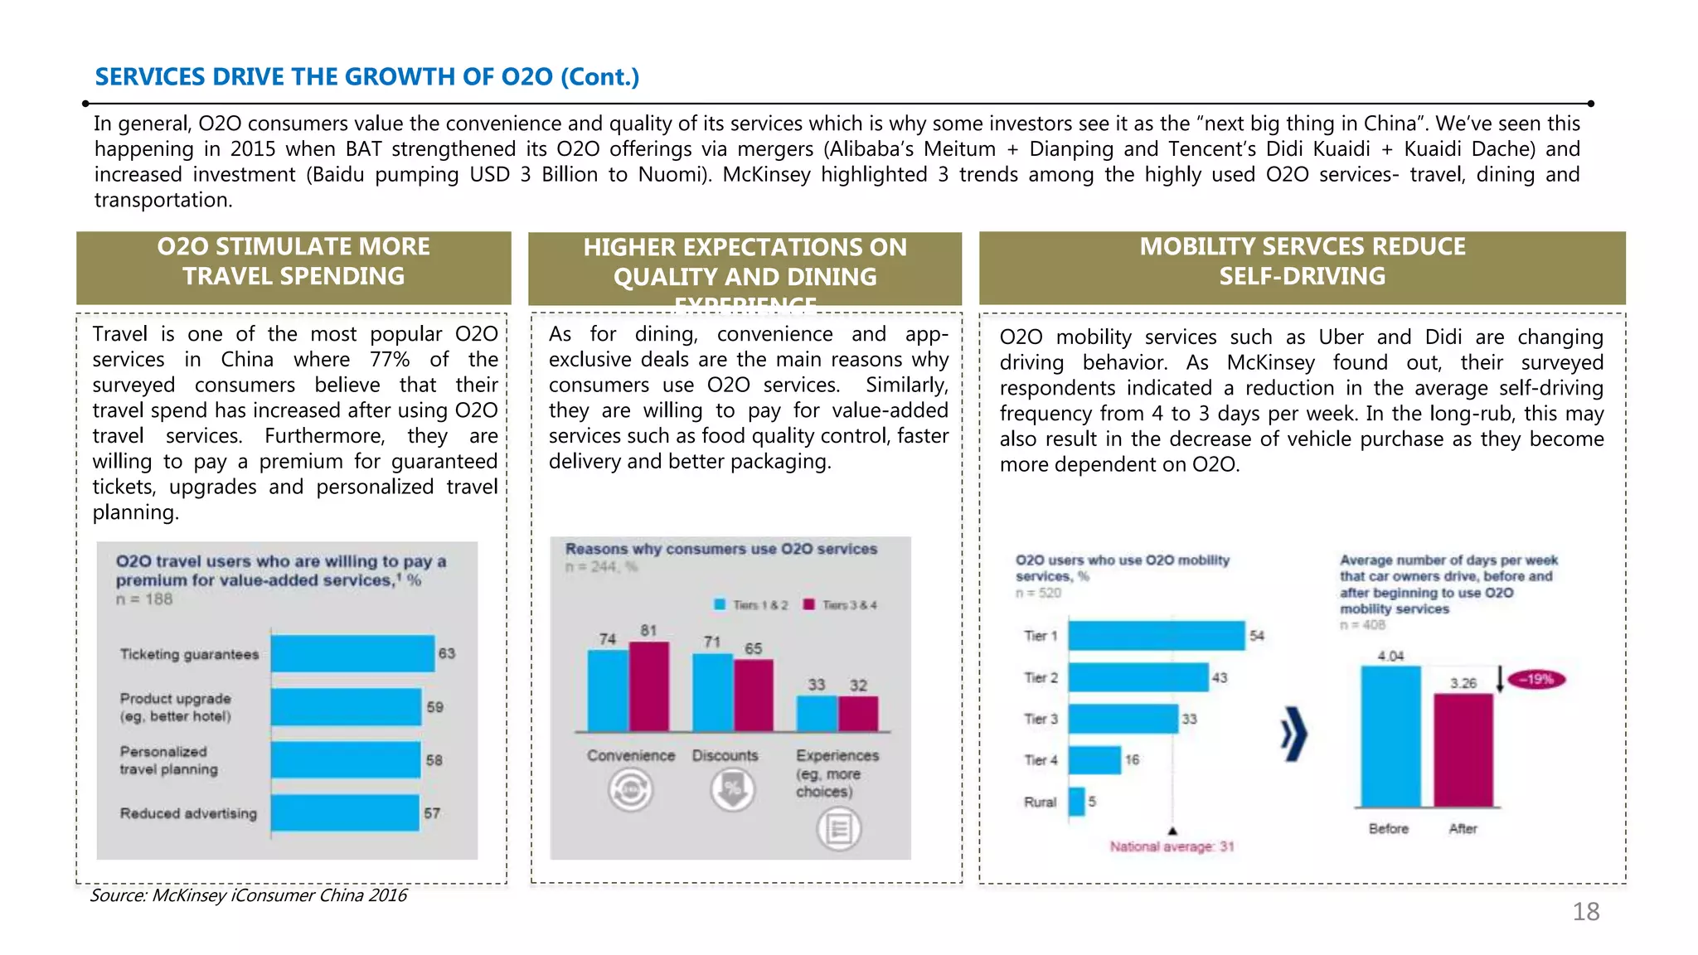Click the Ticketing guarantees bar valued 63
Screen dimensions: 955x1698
[x=352, y=653]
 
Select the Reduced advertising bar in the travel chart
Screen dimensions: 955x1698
[x=345, y=812]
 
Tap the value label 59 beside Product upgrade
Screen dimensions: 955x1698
[x=435, y=707]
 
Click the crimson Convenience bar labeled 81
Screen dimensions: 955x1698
[x=649, y=686]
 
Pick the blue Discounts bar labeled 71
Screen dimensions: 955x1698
[x=712, y=692]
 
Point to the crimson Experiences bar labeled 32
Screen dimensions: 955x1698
[x=858, y=714]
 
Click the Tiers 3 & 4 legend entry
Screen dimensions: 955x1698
[x=840, y=605]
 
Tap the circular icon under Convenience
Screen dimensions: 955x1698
[x=631, y=790]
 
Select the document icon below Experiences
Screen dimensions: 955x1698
[x=839, y=828]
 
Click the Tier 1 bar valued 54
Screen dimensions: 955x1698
[x=1157, y=636]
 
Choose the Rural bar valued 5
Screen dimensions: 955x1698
[x=1077, y=802]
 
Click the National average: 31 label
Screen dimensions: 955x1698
[x=1172, y=846]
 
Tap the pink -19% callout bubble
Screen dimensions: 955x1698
[x=1536, y=679]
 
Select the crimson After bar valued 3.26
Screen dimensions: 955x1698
[x=1463, y=750]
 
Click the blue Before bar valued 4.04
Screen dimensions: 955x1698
[x=1390, y=736]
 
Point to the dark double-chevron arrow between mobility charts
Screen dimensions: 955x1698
[x=1293, y=734]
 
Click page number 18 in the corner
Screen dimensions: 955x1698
[x=1585, y=912]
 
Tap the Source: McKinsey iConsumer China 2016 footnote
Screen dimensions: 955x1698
[x=249, y=895]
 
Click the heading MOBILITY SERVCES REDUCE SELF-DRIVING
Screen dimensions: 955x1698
[x=1302, y=261]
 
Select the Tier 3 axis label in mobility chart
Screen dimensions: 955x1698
[x=1041, y=719]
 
